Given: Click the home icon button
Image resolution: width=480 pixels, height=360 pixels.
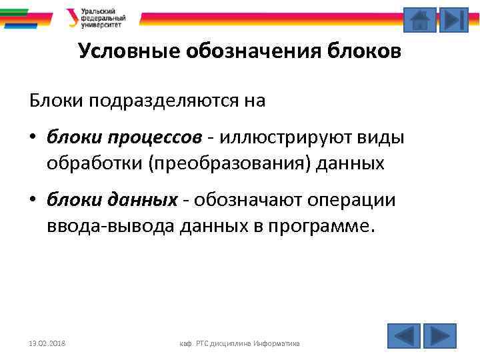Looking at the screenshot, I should [x=420, y=19].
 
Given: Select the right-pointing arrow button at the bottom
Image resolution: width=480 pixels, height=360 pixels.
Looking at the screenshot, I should [x=440, y=335].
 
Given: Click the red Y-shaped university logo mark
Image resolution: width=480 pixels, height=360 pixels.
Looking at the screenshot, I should [x=72, y=17].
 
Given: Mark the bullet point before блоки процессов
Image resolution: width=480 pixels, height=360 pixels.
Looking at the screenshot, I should [x=33, y=138].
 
